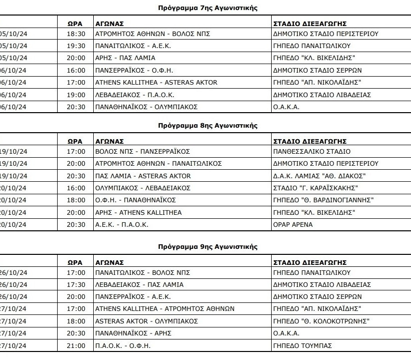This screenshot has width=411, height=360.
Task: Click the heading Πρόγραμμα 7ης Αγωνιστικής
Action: click(x=207, y=8)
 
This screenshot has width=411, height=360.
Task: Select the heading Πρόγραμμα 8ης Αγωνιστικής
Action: click(x=207, y=125)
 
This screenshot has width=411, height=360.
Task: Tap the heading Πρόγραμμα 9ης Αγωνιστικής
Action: click(x=207, y=247)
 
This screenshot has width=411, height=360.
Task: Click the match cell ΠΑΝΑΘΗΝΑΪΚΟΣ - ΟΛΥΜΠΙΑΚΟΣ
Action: click(x=146, y=107)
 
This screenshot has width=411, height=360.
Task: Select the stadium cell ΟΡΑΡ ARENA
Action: click(x=293, y=225)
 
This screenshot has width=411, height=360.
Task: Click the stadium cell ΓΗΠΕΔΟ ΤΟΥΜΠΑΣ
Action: click(x=302, y=345)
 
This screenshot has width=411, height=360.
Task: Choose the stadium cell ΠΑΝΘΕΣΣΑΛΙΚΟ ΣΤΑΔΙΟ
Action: click(x=312, y=151)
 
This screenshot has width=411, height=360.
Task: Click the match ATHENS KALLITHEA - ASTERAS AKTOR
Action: click(x=156, y=83)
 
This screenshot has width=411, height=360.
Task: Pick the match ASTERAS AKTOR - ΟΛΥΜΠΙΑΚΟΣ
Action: click(x=146, y=321)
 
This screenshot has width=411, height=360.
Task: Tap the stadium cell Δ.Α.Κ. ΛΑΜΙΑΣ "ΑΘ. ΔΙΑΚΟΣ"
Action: click(x=319, y=176)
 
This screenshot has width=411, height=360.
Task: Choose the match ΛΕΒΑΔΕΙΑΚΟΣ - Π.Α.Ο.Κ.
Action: click(x=134, y=95)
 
